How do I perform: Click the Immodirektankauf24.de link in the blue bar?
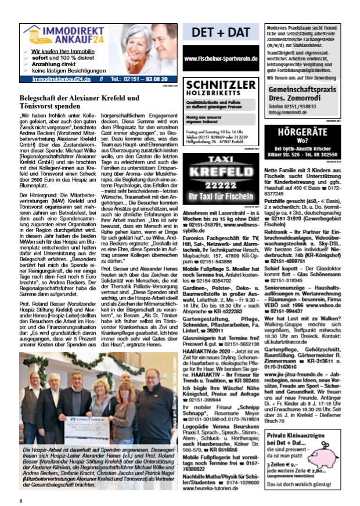coord(58,78)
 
